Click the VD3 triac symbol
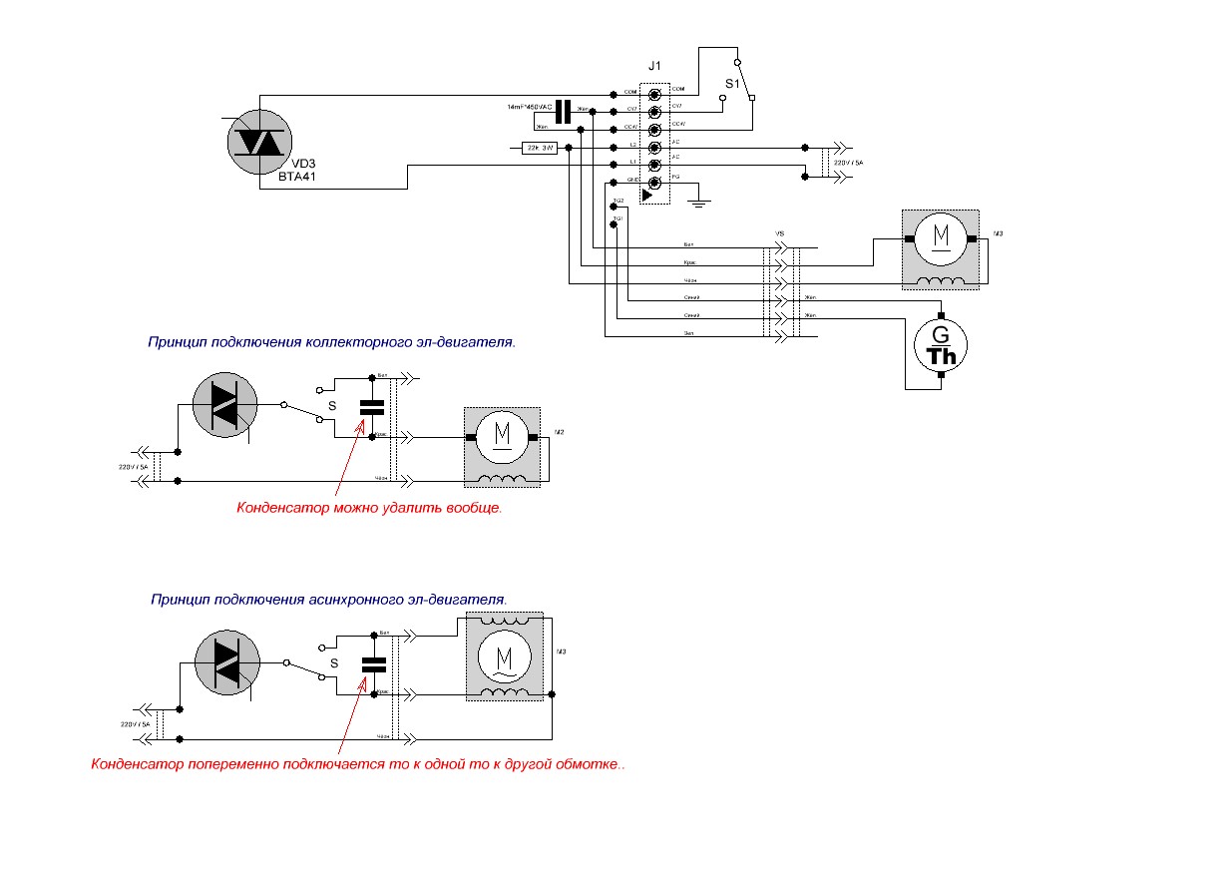258,142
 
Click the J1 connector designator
654,66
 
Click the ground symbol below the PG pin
700,203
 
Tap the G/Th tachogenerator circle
942,345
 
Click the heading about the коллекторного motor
331,341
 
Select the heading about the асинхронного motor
329,600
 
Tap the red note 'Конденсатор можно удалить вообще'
369,508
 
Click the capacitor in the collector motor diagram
372,407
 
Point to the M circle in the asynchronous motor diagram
503,658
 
